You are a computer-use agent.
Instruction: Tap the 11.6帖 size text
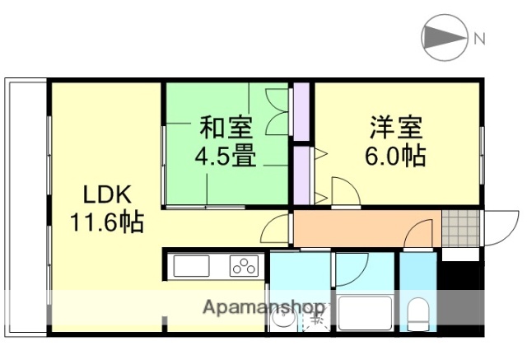click(106, 222)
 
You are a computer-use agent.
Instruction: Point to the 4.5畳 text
click(225, 155)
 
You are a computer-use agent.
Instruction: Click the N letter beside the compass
click(478, 37)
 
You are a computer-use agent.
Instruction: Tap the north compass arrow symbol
click(444, 37)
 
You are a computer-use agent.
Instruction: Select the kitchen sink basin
click(193, 267)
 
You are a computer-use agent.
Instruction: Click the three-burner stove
click(244, 266)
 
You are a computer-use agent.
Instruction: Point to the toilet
click(417, 312)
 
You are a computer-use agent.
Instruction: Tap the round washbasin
click(282, 319)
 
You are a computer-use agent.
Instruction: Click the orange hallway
click(362, 229)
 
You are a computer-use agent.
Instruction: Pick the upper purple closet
click(301, 110)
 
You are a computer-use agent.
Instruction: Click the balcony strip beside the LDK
click(26, 206)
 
